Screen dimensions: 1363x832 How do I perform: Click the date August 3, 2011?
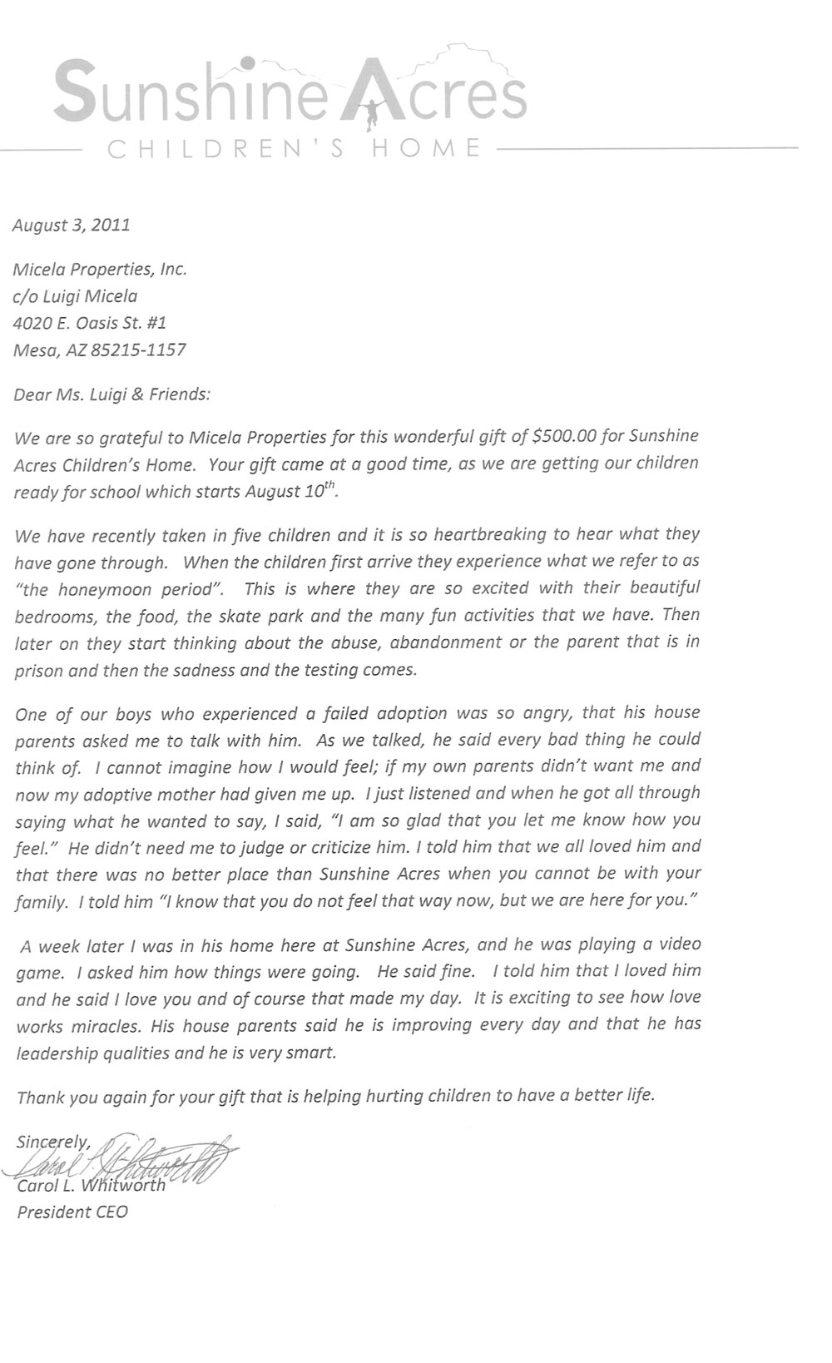[72, 225]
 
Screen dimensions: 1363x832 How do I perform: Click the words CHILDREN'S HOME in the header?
[296, 150]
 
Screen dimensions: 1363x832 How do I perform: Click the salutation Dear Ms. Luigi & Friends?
[111, 394]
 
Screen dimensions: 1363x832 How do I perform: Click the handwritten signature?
[125, 1158]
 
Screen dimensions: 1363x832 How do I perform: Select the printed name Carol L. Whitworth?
[92, 1185]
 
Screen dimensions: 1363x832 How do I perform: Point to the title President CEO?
[72, 1212]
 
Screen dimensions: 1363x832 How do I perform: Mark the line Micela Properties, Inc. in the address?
[100, 269]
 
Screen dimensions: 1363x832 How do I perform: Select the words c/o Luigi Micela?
[76, 295]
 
